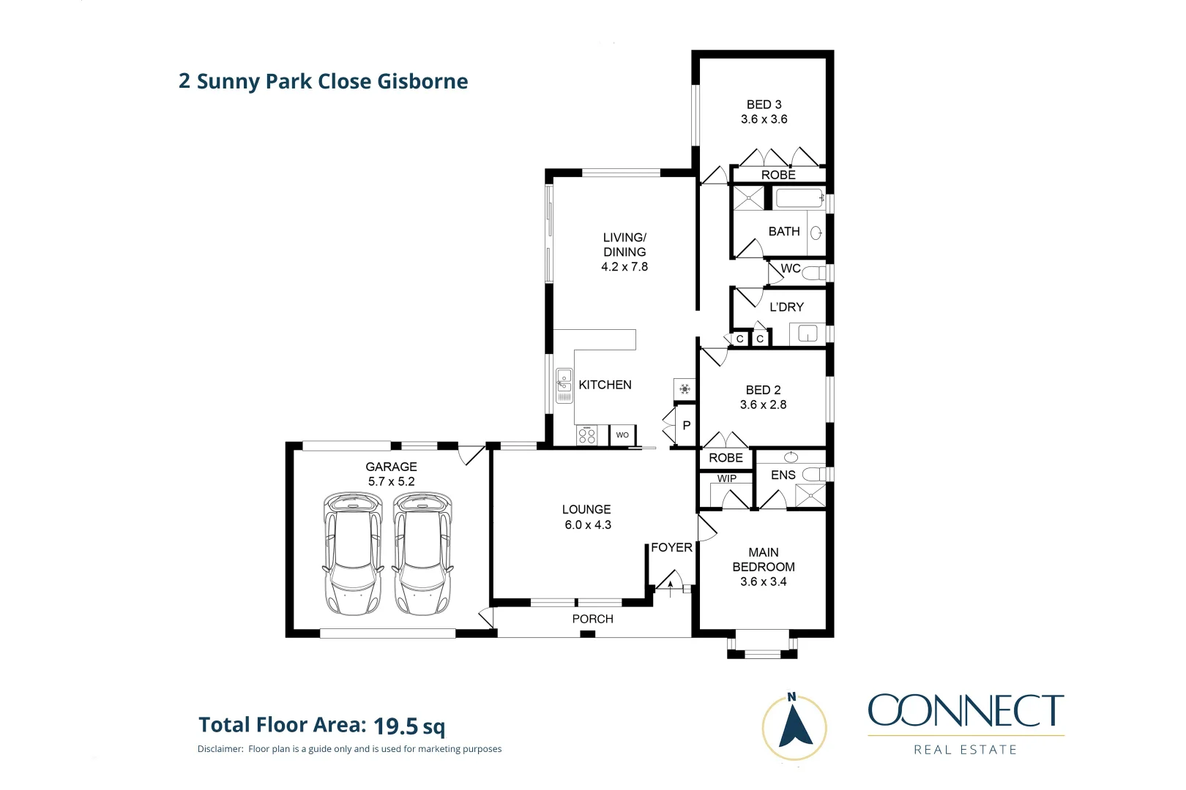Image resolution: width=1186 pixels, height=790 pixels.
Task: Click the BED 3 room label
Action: click(764, 105)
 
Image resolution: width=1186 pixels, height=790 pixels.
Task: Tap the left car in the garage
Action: click(353, 554)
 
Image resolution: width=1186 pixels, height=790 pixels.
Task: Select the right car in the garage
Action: click(422, 554)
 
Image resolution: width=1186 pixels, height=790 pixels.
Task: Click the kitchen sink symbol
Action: click(564, 385)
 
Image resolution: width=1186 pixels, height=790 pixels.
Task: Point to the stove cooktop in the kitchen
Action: click(586, 435)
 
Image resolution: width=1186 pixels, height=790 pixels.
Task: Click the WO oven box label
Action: click(622, 434)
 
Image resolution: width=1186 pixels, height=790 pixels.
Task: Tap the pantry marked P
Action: click(686, 425)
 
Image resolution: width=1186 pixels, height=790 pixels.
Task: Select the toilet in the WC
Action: click(813, 274)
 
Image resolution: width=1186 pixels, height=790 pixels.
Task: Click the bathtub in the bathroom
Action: click(799, 198)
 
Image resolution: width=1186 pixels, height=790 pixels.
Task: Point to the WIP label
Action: click(727, 478)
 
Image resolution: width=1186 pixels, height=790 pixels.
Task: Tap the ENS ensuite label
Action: click(783, 475)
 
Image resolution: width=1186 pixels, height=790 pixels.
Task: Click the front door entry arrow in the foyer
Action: click(670, 587)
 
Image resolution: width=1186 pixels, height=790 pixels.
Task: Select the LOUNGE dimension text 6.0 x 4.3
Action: click(588, 524)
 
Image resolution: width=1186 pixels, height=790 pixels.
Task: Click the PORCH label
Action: click(592, 619)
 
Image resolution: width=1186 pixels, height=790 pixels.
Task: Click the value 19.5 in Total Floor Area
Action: click(396, 726)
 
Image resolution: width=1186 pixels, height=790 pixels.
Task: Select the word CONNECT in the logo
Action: click(966, 711)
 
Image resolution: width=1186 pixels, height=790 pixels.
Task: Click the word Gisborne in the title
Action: click(422, 81)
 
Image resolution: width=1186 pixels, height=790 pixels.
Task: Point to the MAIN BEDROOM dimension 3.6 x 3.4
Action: click(763, 582)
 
